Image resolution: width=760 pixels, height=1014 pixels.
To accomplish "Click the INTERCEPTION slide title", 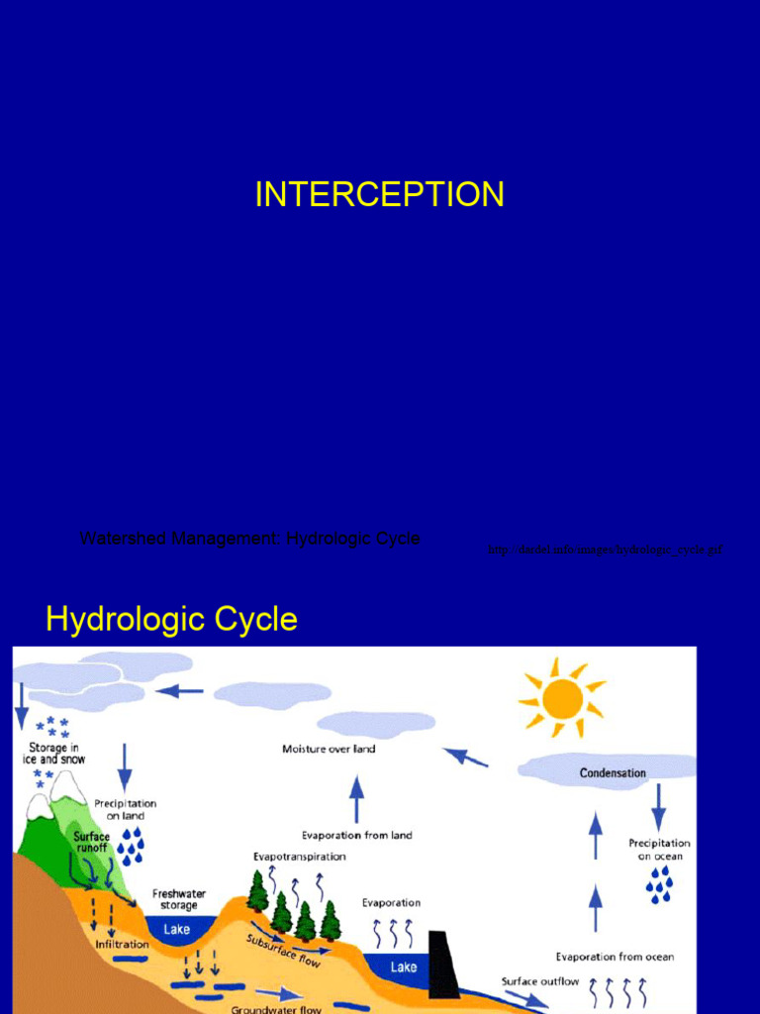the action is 379,194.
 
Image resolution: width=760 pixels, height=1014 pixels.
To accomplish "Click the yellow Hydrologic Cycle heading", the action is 171,620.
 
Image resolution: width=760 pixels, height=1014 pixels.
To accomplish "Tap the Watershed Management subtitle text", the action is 249,539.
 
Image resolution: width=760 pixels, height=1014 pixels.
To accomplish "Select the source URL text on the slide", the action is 605,550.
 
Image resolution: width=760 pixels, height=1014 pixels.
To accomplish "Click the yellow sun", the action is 562,698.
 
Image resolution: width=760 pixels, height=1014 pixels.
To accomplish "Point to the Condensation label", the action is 612,772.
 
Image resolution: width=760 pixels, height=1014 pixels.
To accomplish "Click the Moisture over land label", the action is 329,749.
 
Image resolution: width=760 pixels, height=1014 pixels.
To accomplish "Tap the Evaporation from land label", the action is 356,835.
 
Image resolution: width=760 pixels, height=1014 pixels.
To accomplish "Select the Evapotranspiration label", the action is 300,857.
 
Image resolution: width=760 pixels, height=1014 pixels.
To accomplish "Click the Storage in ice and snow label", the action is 53,754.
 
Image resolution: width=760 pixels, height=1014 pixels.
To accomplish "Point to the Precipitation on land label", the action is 126,809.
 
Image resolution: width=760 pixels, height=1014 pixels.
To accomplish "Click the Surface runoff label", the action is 91,842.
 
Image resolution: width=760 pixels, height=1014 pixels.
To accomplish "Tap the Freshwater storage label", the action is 179,899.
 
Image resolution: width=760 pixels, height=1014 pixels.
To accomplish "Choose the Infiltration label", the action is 122,944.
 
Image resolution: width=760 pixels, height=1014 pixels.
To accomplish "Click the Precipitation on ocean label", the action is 659,850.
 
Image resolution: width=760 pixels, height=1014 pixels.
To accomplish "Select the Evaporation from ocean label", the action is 615,957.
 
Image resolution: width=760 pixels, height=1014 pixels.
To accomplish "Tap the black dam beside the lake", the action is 444,964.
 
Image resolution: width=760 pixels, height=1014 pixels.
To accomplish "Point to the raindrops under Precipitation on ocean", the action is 659,883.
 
